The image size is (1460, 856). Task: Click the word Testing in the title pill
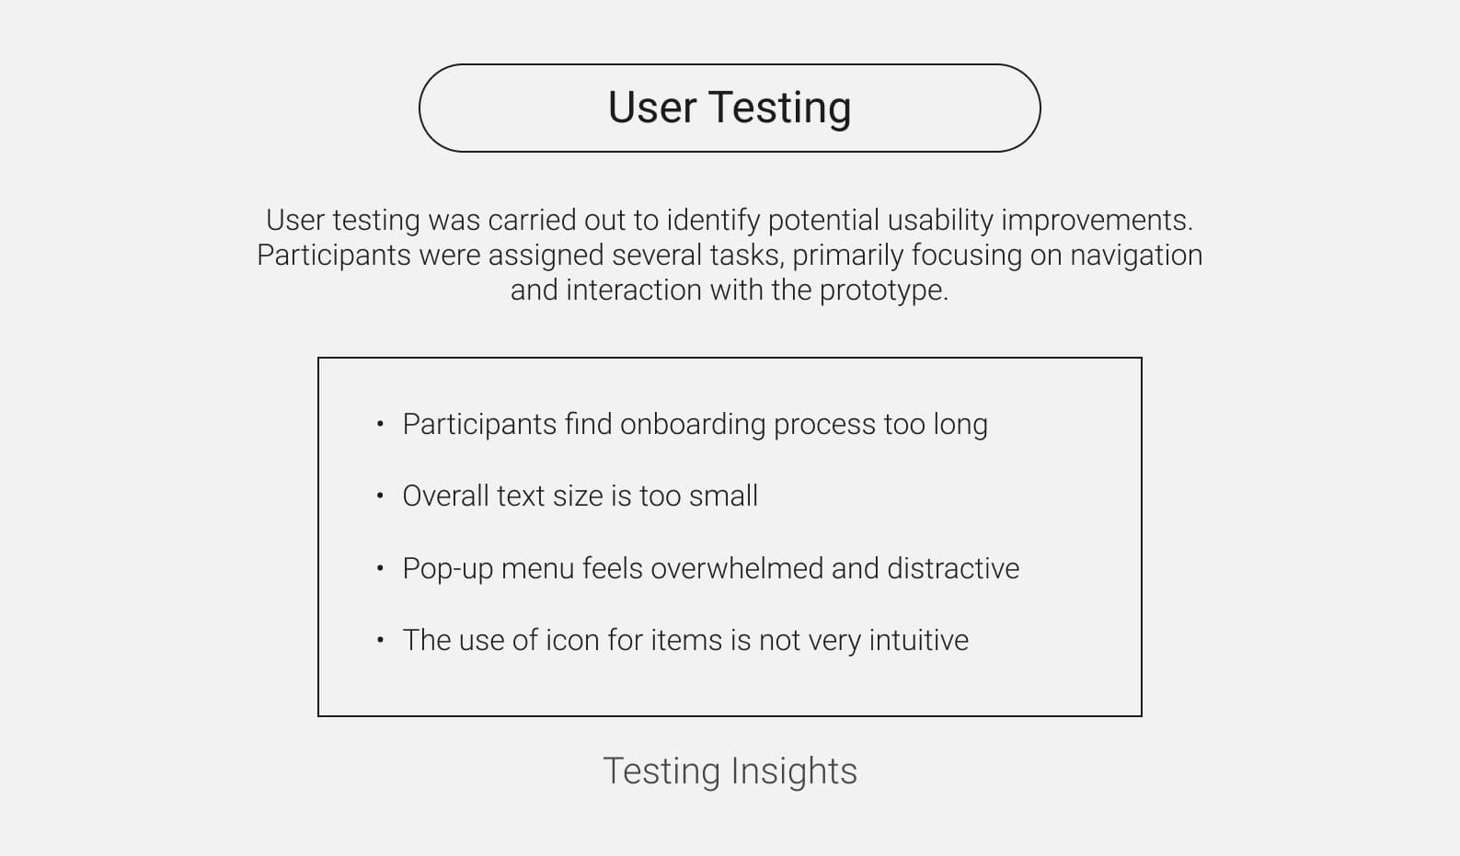[x=779, y=108]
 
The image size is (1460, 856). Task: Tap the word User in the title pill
[x=651, y=107]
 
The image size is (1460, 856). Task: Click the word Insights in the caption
[x=794, y=772]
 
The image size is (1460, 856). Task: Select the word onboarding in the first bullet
[x=693, y=424]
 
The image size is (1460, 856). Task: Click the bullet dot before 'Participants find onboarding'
[x=380, y=424]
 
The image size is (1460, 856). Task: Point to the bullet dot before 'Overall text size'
[x=380, y=496]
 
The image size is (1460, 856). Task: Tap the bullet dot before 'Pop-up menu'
[x=380, y=568]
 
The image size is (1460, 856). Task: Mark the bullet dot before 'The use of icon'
[x=380, y=640]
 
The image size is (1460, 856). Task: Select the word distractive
[x=953, y=568]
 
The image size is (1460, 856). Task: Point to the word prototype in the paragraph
[x=883, y=291]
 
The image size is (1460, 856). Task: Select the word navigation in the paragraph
[x=1136, y=256]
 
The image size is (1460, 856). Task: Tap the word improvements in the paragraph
[x=1097, y=221]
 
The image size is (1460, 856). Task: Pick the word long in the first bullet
[x=960, y=426]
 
